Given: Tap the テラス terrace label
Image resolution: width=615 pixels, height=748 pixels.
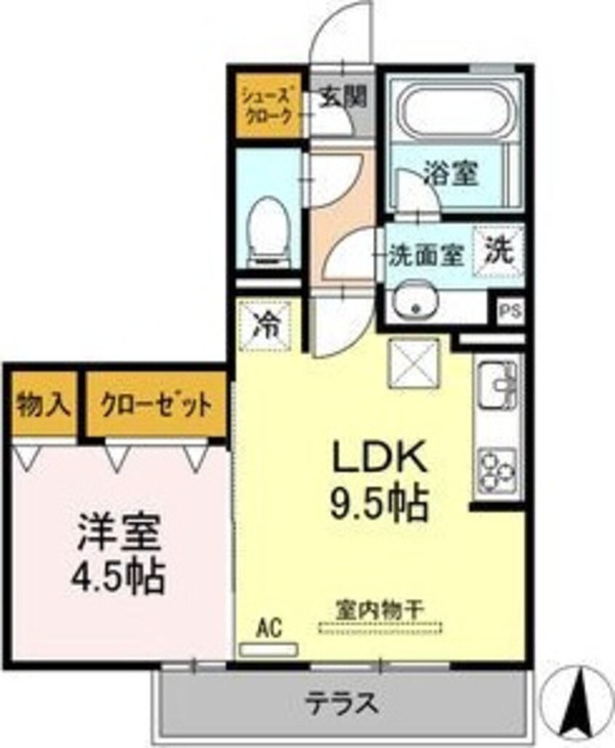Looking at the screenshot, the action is pyautogui.click(x=342, y=702).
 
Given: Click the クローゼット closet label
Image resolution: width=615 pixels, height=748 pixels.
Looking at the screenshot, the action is pyautogui.click(x=156, y=406).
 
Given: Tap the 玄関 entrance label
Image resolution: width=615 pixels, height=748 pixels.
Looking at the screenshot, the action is pyautogui.click(x=342, y=97).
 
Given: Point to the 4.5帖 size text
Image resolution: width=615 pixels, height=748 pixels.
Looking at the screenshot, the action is pyautogui.click(x=118, y=576).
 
